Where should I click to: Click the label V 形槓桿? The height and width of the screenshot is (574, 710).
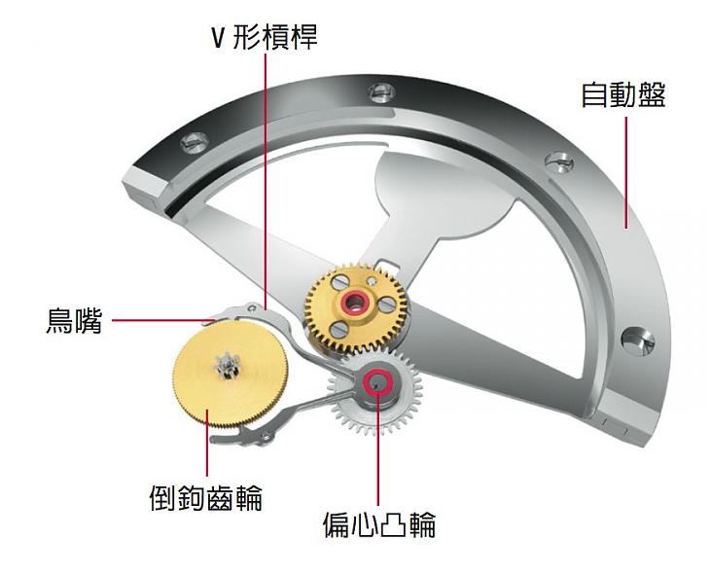pos(265,37)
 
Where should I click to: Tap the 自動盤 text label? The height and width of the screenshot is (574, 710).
pos(623,94)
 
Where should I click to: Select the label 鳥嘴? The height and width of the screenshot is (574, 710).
pos(74,320)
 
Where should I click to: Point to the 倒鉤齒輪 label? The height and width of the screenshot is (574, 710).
pos(206,497)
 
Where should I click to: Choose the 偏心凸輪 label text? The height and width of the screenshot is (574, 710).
pos(379,524)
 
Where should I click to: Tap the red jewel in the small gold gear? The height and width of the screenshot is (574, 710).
pos(355,302)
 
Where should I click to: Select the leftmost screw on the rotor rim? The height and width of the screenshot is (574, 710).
pos(195,142)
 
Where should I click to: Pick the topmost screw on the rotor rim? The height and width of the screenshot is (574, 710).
pos(382,92)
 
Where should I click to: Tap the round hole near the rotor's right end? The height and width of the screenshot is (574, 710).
pos(638,341)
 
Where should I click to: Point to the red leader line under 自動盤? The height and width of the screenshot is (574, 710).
pos(626,172)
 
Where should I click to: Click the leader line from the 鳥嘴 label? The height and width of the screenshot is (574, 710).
pos(163,320)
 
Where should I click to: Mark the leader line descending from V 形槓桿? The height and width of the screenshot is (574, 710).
pos(266,182)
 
